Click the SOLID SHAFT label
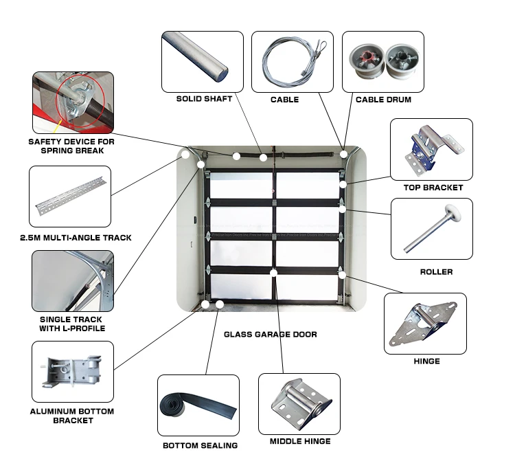coord(204,99)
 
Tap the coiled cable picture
coord(284,61)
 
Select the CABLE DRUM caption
coord(383,100)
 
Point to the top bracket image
coord(431,150)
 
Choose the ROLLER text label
coord(436,272)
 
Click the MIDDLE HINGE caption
coord(299,441)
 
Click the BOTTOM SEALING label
coord(200,445)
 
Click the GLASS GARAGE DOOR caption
coord(271,335)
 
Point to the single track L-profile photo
coord(72,280)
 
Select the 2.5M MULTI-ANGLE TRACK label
coord(76,238)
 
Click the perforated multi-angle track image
coord(70,196)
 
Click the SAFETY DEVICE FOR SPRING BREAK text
coord(71,146)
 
